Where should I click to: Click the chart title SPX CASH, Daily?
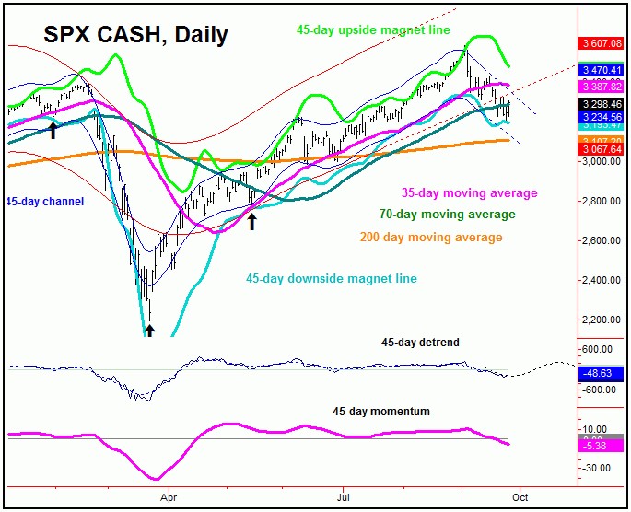[135, 36]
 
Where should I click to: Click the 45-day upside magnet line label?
[372, 30]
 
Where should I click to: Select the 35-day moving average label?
[467, 192]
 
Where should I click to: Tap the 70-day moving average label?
[447, 215]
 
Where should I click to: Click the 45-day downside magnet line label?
[331, 278]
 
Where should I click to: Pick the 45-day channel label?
[45, 201]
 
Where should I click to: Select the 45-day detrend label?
[420, 343]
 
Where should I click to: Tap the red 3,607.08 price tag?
[602, 42]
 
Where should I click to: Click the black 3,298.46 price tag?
[602, 104]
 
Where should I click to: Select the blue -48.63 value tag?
[602, 374]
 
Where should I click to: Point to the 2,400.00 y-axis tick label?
[602, 280]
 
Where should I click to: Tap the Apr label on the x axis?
[169, 494]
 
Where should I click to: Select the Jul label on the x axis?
[344, 494]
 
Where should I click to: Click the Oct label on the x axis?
[520, 494]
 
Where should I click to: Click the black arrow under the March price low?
[149, 330]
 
